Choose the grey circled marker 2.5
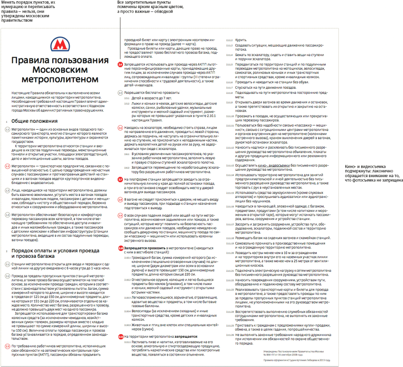coord(120,92)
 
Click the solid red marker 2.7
coord(120,180)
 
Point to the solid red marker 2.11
coord(121,336)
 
